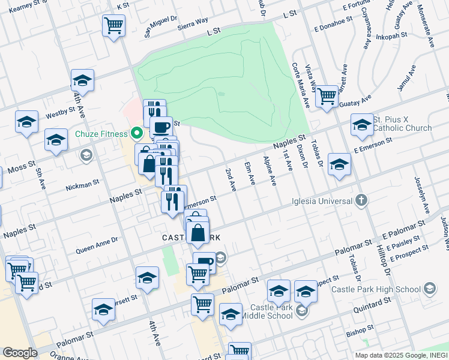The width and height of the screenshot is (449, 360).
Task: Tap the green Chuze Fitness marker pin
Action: coord(136,133)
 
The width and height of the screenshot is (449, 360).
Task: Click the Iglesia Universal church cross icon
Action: coord(361,200)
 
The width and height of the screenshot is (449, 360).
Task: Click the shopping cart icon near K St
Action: coord(113,26)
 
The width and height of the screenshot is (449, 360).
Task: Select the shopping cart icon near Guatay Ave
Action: coord(327,95)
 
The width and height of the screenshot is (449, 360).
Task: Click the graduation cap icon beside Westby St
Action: coord(27,122)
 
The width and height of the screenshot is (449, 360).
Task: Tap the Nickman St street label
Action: coord(83,182)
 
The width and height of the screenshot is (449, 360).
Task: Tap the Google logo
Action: coord(20,352)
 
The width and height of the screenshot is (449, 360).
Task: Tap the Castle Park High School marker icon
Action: coord(430,289)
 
